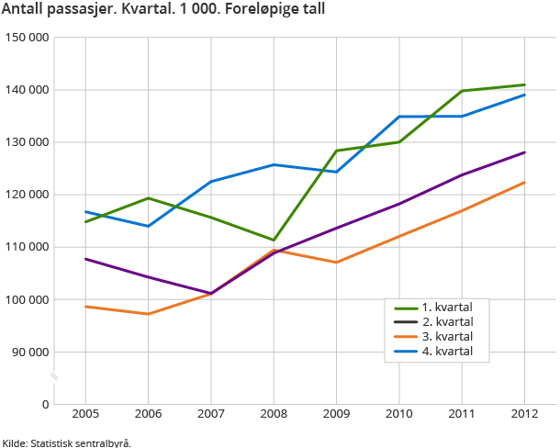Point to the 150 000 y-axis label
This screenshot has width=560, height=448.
pos(27,38)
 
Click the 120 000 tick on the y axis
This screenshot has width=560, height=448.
pos(27,195)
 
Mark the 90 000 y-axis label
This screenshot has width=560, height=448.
pos(29,352)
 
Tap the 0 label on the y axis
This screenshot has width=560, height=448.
pos(44,404)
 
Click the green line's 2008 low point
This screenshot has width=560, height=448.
pos(274,241)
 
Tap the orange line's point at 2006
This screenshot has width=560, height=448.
pos(148,314)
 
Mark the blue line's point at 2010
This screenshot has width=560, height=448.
pos(399,117)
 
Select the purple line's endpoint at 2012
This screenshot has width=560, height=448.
pos(524,152)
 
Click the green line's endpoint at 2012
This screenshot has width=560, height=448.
pos(524,84)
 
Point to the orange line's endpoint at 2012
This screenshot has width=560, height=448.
pos(524,182)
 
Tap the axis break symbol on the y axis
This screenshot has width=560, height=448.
pos(54,376)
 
